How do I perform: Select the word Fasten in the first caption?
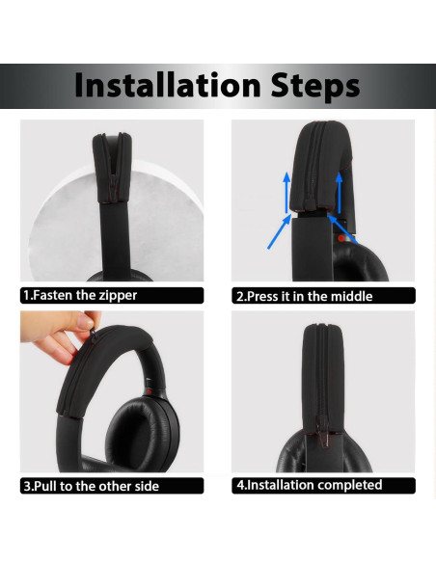pyautogui.click(x=54, y=295)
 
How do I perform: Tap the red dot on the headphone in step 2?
pyautogui.click(x=341, y=237)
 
